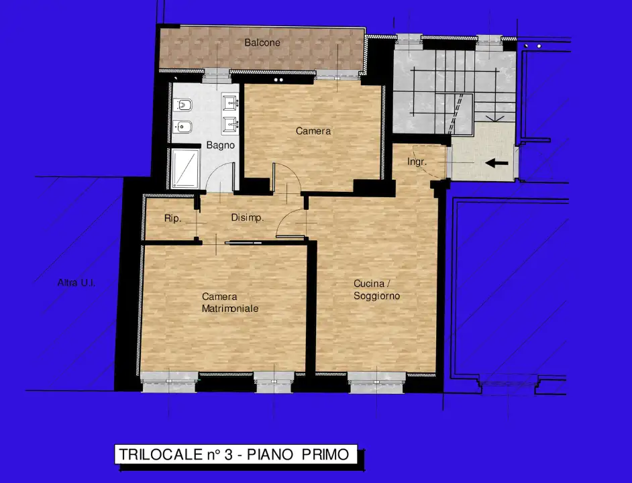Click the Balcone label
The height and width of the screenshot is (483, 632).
(x=262, y=43)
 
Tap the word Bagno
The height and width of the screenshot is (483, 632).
(x=220, y=145)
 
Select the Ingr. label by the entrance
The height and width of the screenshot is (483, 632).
(x=417, y=162)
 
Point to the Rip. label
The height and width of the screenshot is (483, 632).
(x=172, y=218)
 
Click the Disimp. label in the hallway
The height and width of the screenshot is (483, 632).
(x=248, y=218)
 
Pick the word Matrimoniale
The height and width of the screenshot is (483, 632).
(x=230, y=309)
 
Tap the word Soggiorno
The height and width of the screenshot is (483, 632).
(x=377, y=295)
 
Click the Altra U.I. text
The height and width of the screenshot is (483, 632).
(x=76, y=283)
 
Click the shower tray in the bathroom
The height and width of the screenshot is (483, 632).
(x=185, y=168)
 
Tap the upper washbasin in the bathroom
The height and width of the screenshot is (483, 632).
(x=229, y=103)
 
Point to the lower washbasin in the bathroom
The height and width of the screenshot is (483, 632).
(x=229, y=125)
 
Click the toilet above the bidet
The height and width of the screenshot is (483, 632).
(x=182, y=106)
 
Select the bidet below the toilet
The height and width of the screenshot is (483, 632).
(x=182, y=125)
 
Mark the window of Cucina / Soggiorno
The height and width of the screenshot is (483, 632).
(x=376, y=381)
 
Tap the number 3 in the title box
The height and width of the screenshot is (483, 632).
(x=228, y=455)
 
